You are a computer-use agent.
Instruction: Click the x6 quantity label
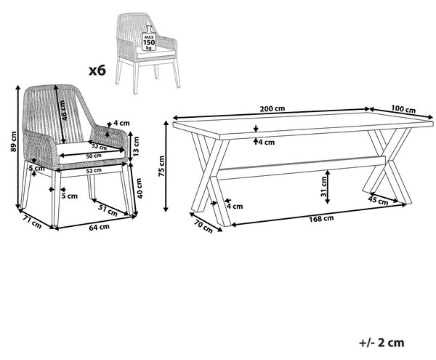pyautogui.click(x=97, y=71)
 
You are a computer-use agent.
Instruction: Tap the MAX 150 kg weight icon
pyautogui.click(x=149, y=39)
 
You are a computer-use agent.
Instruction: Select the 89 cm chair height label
pyautogui.click(x=13, y=142)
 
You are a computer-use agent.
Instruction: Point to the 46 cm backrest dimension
pyautogui.click(x=63, y=111)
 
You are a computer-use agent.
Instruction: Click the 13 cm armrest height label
pyautogui.click(x=136, y=146)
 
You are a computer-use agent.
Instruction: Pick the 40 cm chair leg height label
pyautogui.click(x=139, y=188)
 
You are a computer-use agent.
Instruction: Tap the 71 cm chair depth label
pyautogui.click(x=32, y=222)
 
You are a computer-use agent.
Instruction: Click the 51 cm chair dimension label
pyautogui.click(x=108, y=209)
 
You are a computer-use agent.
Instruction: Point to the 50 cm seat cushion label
pyautogui.click(x=94, y=156)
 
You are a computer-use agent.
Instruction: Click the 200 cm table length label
pyautogui.click(x=272, y=108)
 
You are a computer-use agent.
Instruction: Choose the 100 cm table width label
pyautogui.click(x=403, y=109)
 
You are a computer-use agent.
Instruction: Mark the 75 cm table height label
pyautogui.click(x=161, y=166)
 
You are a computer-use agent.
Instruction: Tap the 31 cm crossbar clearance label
pyautogui.click(x=323, y=187)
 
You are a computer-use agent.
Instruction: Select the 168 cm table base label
pyautogui.click(x=321, y=219)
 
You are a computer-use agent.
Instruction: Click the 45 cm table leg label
pyautogui.click(x=378, y=200)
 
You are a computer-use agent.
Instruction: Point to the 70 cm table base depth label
pyautogui.click(x=203, y=226)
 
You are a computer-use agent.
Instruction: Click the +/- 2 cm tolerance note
pyautogui.click(x=381, y=343)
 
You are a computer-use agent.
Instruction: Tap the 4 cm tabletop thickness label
pyautogui.click(x=267, y=143)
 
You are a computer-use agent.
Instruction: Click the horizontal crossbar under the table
pyautogui.click(x=302, y=168)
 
